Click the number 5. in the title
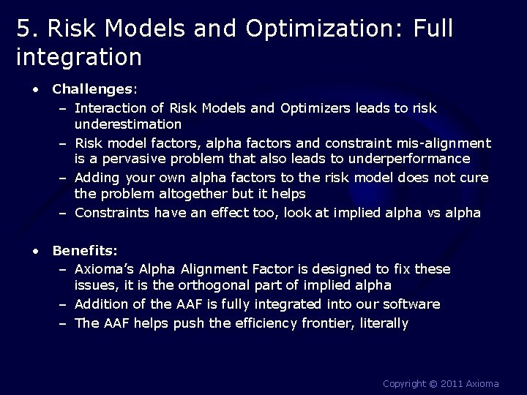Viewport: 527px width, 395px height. coord(26,29)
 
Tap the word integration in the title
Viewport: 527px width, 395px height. coord(78,56)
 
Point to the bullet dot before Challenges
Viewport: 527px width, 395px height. coord(35,89)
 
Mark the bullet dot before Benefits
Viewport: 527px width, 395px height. coord(35,251)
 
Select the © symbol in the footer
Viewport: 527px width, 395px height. coord(432,383)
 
